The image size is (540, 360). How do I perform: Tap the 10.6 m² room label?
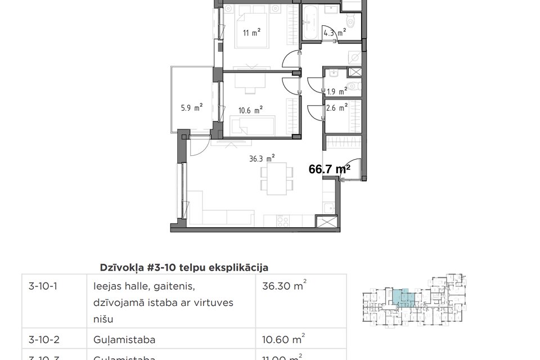[x=251, y=111]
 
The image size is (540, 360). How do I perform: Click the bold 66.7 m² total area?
[x=330, y=168]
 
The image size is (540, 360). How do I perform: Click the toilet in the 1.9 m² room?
[x=352, y=86]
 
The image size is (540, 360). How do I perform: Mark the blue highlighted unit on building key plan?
[x=403, y=296]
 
